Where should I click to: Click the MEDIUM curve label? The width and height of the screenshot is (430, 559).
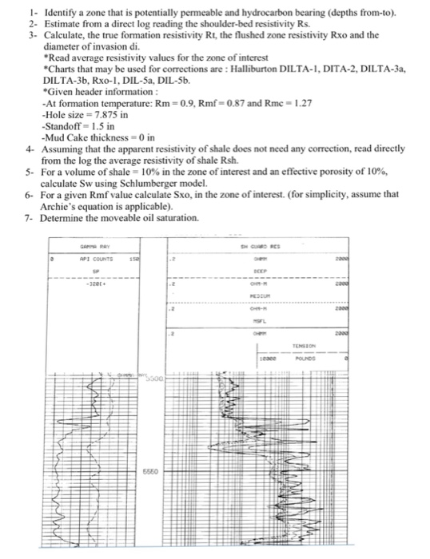pos(257,294)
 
